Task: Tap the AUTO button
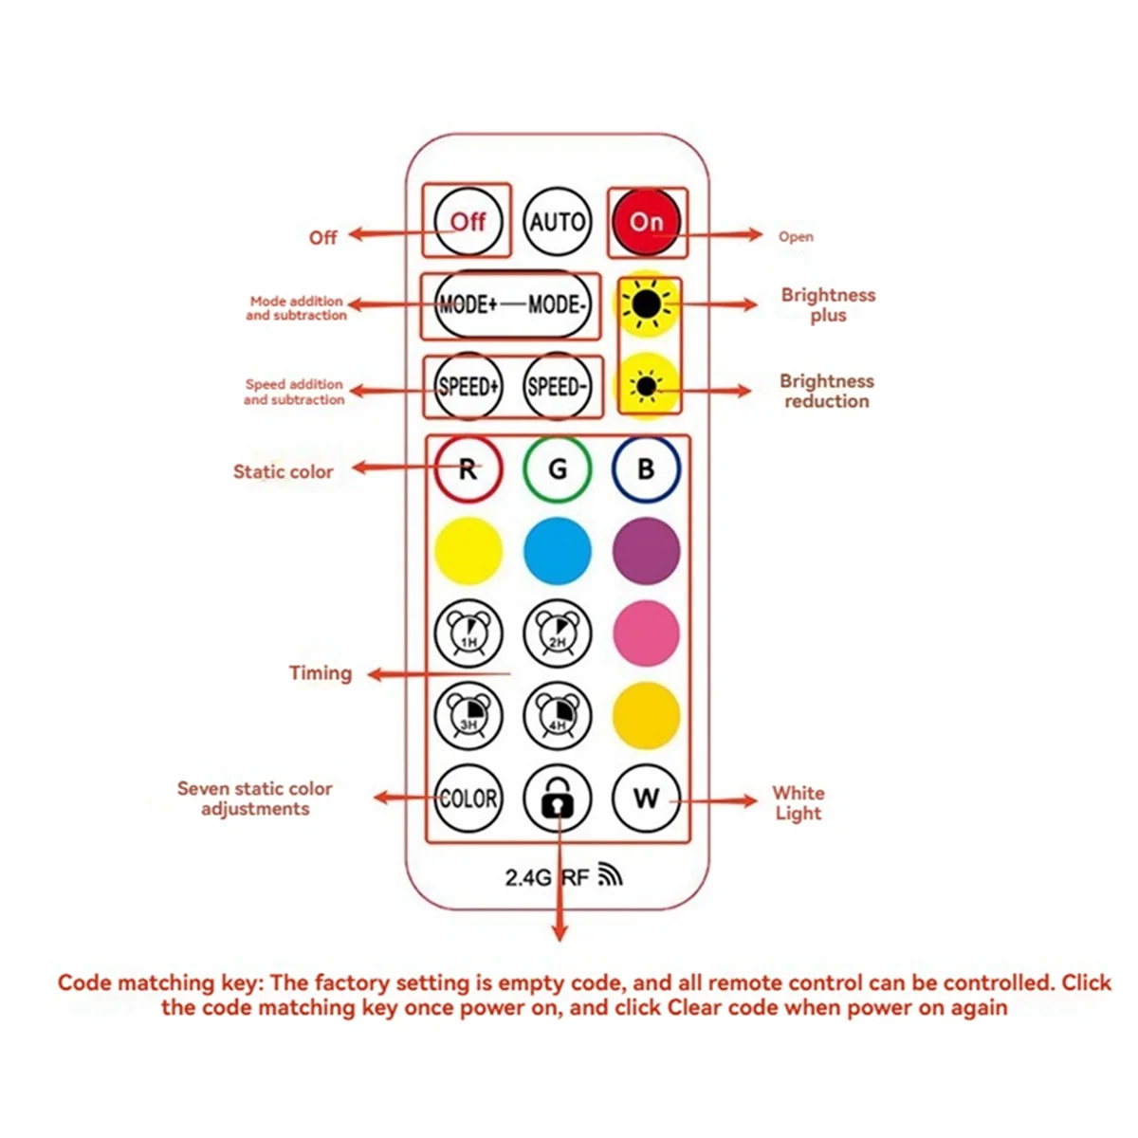pos(557,222)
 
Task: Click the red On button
pos(646,222)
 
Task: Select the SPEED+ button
pos(468,386)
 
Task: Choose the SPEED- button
pos(557,386)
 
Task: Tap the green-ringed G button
pos(557,468)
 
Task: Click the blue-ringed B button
pos(646,468)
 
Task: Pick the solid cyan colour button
pos(557,551)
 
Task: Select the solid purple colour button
pos(646,551)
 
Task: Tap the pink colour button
pos(646,633)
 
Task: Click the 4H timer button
pos(557,715)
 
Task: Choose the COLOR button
pos(468,798)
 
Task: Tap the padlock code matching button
pos(557,798)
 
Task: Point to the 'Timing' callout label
pos(321,673)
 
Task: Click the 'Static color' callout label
pos(283,471)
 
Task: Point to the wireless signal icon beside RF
pos(610,874)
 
